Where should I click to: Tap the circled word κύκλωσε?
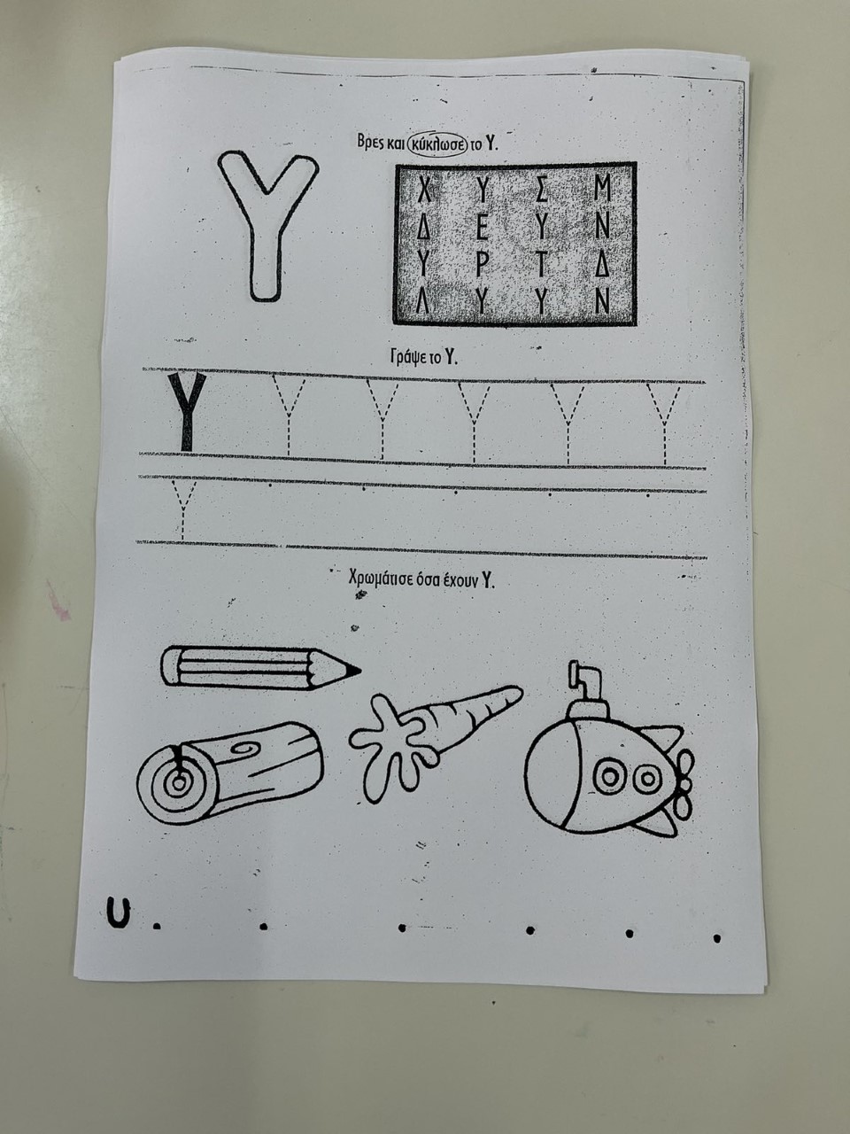click(x=437, y=144)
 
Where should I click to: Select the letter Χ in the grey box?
click(x=424, y=190)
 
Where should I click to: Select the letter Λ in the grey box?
click(x=424, y=301)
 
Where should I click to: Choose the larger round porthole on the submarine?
click(x=611, y=775)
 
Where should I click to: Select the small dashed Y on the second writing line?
click(x=182, y=510)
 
